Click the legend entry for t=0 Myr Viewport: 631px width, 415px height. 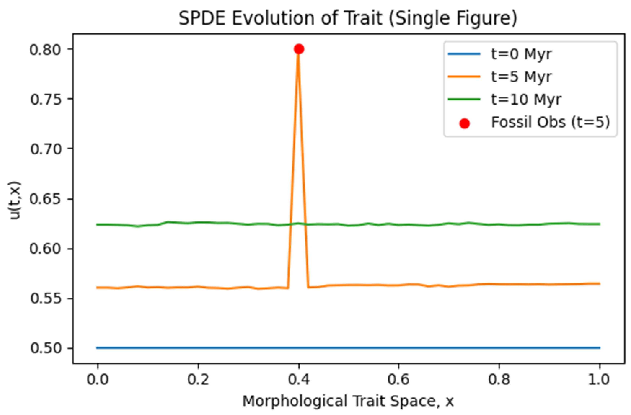tap(521, 54)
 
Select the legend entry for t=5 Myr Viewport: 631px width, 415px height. tap(521, 77)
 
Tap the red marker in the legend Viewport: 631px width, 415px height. tap(464, 123)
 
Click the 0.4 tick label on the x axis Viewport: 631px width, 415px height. tap(299, 380)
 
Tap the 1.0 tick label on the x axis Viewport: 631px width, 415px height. tap(600, 380)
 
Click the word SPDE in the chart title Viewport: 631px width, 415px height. tap(202, 19)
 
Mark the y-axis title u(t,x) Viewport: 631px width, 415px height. tap(15, 200)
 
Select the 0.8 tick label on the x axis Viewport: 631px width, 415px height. tap(499, 380)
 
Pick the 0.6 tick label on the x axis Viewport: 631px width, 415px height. tap(398, 380)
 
